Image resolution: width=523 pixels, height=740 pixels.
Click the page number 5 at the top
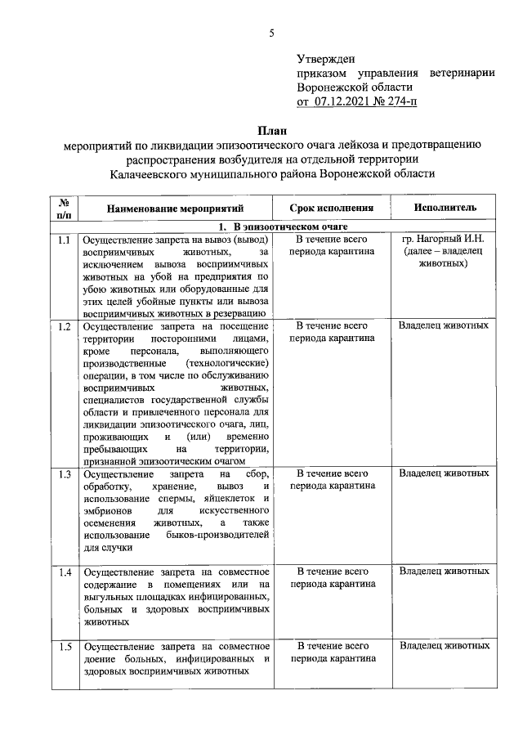(x=271, y=34)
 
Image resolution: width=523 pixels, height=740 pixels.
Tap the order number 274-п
(x=396, y=101)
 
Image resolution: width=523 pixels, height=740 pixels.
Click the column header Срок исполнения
(x=331, y=209)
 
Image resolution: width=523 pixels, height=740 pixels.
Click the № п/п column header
(x=64, y=209)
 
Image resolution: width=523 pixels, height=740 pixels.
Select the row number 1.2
(x=64, y=326)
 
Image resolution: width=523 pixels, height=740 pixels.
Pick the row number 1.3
(x=64, y=474)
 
